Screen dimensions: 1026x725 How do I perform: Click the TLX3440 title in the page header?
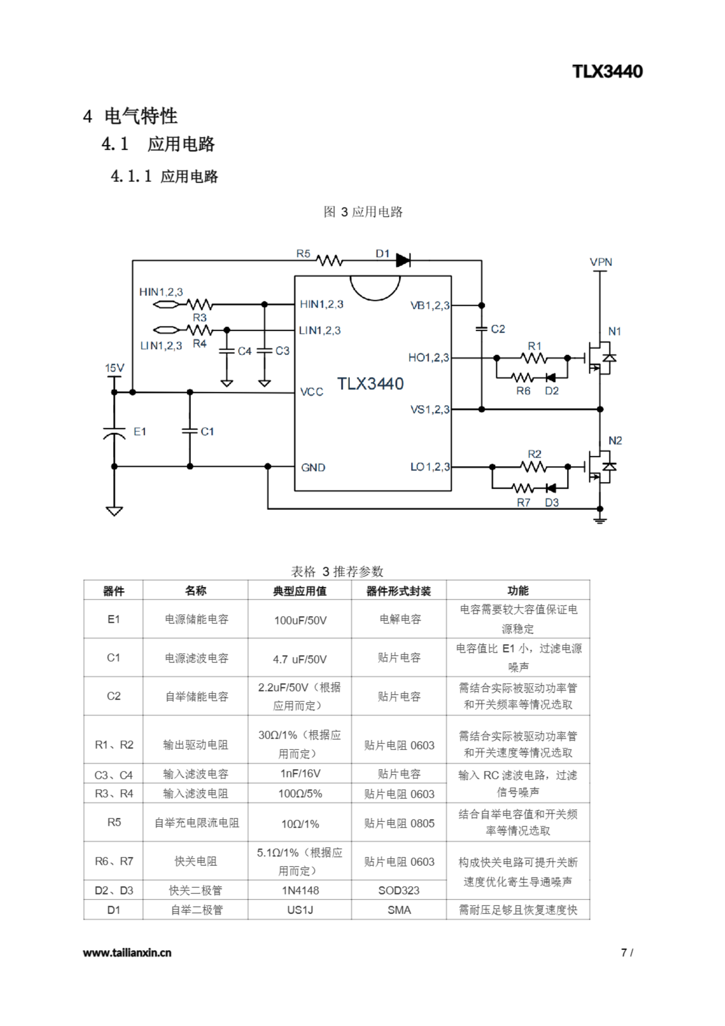click(607, 71)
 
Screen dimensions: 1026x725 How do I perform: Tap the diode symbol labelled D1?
click(403, 260)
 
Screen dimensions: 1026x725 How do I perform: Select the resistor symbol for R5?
click(329, 260)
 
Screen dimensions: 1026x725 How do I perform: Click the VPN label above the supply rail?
click(601, 262)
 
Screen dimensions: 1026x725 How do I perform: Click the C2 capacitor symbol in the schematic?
click(481, 329)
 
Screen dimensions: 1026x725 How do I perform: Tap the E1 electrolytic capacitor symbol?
click(114, 432)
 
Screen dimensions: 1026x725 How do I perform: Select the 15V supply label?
click(114, 368)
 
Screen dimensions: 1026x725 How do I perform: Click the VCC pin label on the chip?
click(311, 392)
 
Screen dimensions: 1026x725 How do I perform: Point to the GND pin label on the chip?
click(313, 467)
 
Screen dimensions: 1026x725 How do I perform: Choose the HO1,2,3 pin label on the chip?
click(428, 357)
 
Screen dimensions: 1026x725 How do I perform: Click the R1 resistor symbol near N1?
click(534, 358)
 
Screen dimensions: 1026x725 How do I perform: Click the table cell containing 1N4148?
click(300, 890)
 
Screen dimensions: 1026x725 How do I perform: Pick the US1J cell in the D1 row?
click(300, 910)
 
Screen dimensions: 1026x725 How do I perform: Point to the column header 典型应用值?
click(300, 591)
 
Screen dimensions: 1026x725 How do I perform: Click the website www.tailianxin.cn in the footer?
click(127, 952)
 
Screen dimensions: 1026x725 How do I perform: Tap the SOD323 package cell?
click(399, 890)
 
